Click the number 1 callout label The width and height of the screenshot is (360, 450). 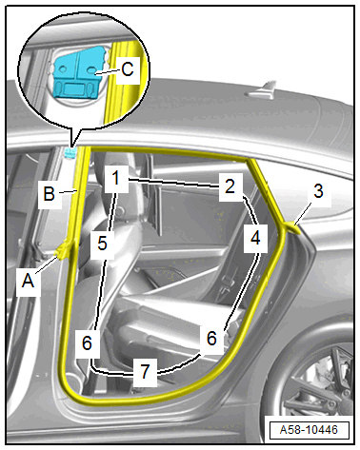pos(116,178)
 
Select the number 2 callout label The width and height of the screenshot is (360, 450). pos(230,186)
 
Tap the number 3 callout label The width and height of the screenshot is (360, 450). pos(318,191)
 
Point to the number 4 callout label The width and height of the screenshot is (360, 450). pos(255,237)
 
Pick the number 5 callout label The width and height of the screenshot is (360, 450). pos(102,244)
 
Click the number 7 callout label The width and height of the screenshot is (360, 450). pos(145,371)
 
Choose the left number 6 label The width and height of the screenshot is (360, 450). pos(87,342)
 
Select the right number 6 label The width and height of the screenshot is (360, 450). pos(211,338)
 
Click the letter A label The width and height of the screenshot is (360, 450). pos(28,281)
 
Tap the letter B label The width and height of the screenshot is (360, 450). pos(50,193)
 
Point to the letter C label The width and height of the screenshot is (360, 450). pos(128,68)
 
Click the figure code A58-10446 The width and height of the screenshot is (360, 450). pos(309,430)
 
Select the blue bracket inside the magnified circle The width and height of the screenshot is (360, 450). pos(78,71)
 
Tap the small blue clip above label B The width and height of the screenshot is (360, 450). pos(70,153)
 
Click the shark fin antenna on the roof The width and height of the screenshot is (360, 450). pos(261,89)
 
